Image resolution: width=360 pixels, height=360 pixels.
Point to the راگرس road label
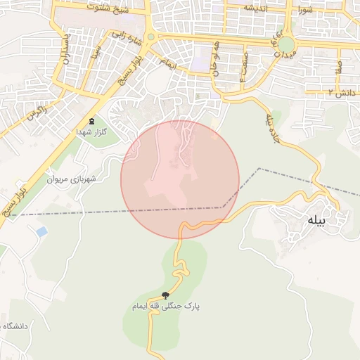coord(36,112)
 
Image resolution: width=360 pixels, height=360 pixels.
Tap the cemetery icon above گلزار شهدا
coord(94,121)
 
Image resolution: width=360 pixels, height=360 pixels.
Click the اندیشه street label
coord(256,8)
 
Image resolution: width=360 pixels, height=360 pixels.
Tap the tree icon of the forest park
coord(166,295)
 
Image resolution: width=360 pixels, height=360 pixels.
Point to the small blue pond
coord(41,231)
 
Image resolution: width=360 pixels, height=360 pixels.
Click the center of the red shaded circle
coord(180,179)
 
